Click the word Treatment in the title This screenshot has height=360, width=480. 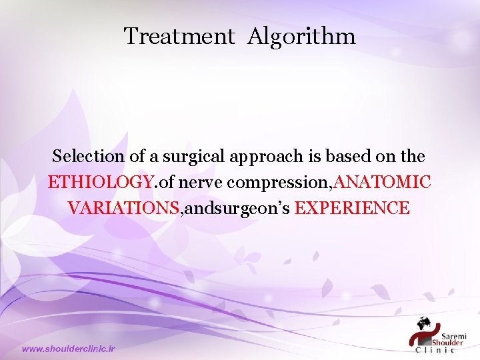[x=179, y=36]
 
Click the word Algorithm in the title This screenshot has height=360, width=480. [x=301, y=37]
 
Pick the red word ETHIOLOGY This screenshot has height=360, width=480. [x=100, y=182]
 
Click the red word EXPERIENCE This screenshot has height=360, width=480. [x=352, y=207]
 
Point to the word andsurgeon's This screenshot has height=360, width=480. [x=236, y=208]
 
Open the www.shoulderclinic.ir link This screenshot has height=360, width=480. [x=69, y=349]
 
